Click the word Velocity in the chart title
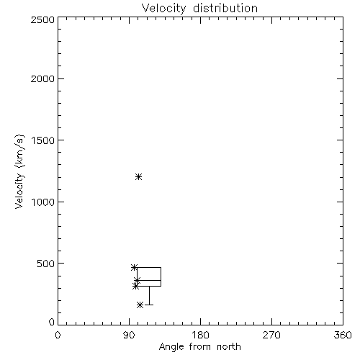[163, 9]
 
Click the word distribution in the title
[225, 8]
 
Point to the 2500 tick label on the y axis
[42, 19]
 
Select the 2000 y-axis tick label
[42, 78]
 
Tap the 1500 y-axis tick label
[43, 140]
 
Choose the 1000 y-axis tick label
[43, 202]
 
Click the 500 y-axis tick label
[46, 264]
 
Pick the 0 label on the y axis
[52, 322]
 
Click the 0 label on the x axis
[58, 335]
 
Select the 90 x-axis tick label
[129, 335]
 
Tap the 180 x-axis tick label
[200, 335]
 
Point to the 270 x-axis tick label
[271, 335]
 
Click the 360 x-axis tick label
[343, 335]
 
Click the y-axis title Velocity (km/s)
[19, 171]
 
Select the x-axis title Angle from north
[200, 347]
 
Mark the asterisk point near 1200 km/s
[138, 177]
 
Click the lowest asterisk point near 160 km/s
[140, 305]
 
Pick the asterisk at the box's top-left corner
[135, 267]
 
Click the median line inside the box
[149, 280]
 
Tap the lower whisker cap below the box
[149, 305]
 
